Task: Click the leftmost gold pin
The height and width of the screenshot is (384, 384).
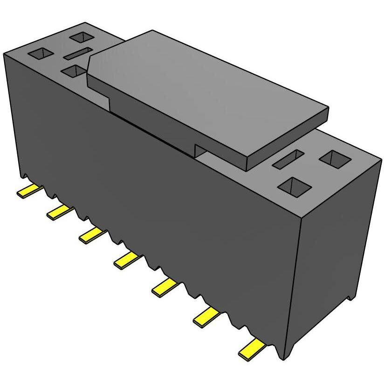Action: point(29,190)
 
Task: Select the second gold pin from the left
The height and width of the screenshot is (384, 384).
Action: point(60,212)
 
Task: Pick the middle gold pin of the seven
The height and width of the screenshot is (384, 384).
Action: point(127,259)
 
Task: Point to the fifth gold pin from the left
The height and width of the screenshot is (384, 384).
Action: point(165,287)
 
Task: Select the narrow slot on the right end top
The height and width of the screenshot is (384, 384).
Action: point(288,159)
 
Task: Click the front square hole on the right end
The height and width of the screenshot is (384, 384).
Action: point(294,186)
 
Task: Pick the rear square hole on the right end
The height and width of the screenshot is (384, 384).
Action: point(335,159)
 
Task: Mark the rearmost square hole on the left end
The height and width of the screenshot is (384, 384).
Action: point(82,37)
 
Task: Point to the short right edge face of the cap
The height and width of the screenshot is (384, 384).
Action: point(288,140)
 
